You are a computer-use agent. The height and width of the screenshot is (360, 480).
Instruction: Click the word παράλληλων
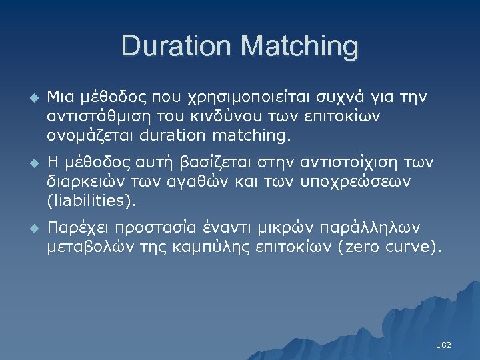pyautogui.click(x=377, y=227)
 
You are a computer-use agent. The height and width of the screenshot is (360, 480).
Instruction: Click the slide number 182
pyautogui.click(x=443, y=345)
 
